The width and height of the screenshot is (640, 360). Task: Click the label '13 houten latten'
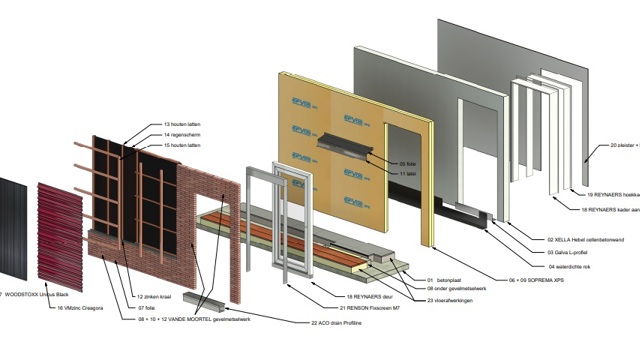182,125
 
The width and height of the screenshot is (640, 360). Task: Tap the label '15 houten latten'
182,145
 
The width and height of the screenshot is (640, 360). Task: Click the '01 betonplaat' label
448,280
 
